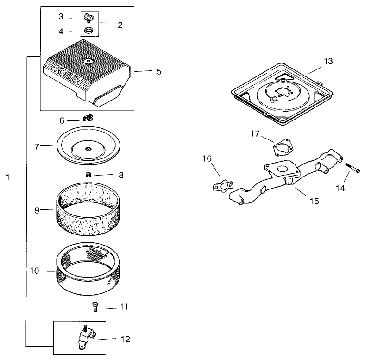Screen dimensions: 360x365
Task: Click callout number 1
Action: [x=8, y=177]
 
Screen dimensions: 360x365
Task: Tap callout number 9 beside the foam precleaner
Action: [x=36, y=210]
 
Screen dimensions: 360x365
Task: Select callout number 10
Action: [x=35, y=271]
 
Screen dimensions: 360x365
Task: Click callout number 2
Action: [x=120, y=25]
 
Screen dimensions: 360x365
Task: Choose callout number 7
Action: [x=37, y=146]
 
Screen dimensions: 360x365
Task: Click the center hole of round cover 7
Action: [x=88, y=149]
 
